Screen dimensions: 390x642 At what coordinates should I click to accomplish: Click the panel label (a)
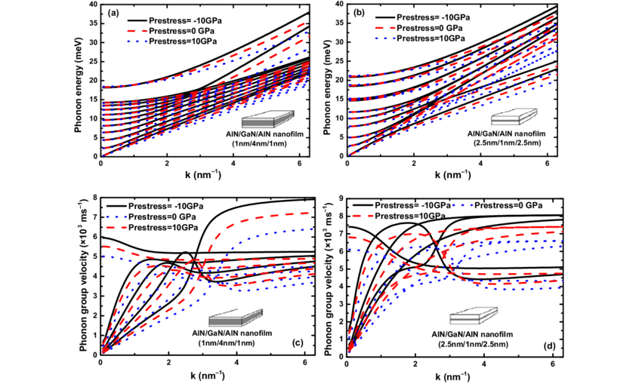tap(112, 13)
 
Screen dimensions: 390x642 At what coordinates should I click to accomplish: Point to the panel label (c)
tap(297, 343)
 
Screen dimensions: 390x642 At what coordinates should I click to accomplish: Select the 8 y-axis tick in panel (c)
tap(94, 198)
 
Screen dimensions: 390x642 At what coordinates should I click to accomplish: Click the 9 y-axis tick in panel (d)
tap(339, 198)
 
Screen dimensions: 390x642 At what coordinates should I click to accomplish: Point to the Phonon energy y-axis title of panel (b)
tap(326, 79)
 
